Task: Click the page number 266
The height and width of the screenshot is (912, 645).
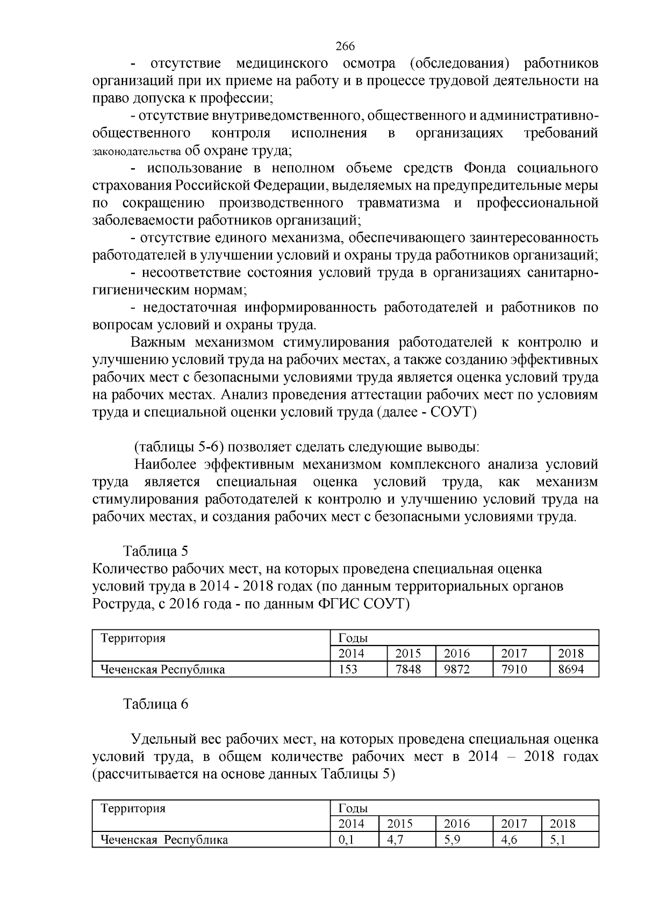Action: [x=345, y=46]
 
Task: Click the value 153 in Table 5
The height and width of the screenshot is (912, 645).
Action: [x=348, y=669]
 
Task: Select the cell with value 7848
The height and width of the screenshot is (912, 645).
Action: [x=408, y=669]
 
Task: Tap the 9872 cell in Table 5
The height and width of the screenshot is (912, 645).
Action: [x=457, y=669]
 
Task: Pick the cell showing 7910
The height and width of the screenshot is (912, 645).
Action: [x=514, y=669]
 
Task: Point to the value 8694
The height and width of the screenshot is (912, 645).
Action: [x=571, y=669]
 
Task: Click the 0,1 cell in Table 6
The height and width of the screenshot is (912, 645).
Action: [x=347, y=839]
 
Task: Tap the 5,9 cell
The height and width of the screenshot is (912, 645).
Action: [x=457, y=839]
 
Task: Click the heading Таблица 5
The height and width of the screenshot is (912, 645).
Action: [x=155, y=551]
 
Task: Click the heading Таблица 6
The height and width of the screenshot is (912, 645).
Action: [x=155, y=704]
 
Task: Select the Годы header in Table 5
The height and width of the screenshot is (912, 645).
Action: [x=353, y=638]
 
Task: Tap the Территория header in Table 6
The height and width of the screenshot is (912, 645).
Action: [x=133, y=808]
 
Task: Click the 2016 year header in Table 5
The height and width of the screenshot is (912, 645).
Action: [x=457, y=654]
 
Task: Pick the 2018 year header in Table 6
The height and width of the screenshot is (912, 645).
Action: [x=562, y=824]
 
